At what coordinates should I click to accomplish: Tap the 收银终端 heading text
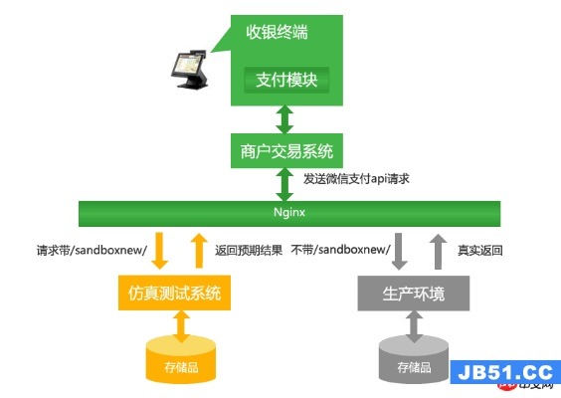(x=277, y=32)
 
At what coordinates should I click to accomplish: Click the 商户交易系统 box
(x=285, y=152)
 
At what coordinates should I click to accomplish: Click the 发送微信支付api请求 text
(x=357, y=179)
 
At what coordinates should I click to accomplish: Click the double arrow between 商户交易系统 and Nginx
(x=285, y=184)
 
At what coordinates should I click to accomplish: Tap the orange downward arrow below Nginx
(x=158, y=251)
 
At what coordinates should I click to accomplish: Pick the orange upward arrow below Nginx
(x=198, y=251)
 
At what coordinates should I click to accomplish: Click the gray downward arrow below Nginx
(x=398, y=251)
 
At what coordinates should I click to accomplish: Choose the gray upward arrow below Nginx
(x=438, y=251)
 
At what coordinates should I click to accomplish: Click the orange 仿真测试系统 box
(x=181, y=294)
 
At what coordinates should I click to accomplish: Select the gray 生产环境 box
(x=415, y=294)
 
